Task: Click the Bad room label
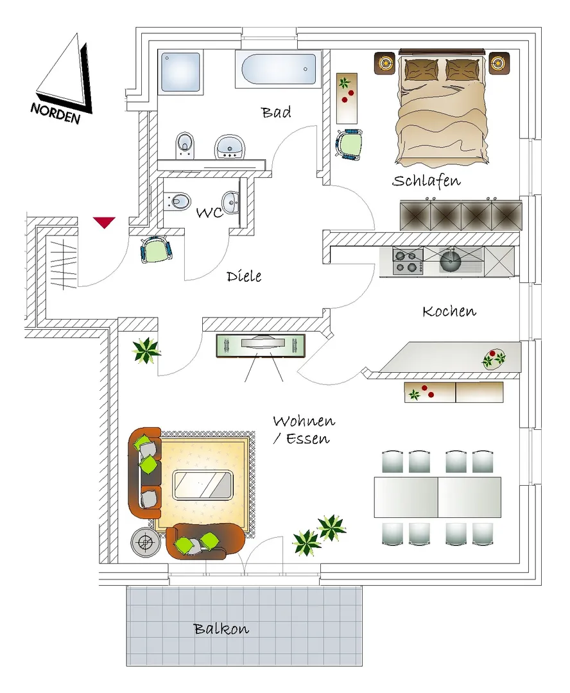[x=276, y=112]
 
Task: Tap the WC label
[x=210, y=212]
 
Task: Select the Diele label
[x=244, y=276]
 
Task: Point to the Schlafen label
[x=426, y=181]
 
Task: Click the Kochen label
[x=449, y=311]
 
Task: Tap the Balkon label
[x=221, y=628]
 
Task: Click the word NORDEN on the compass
[x=56, y=113]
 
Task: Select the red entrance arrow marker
[x=105, y=222]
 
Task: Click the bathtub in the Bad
[x=279, y=69]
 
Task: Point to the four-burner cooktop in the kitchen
[x=407, y=262]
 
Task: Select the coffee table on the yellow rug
[x=203, y=485]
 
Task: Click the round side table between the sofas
[x=145, y=542]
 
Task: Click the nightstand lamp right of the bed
[x=499, y=63]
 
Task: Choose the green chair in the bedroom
[x=349, y=144]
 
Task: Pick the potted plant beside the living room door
[x=146, y=350]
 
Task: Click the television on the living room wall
[x=261, y=346]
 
